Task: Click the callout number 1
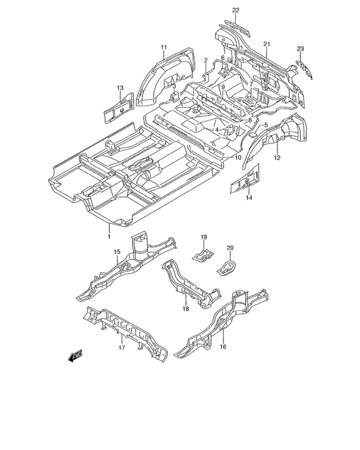pyautogui.click(x=109, y=236)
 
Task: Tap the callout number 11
pyautogui.click(x=164, y=47)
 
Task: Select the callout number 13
pyautogui.click(x=120, y=87)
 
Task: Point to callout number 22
pyautogui.click(x=236, y=10)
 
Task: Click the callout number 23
pyautogui.click(x=300, y=49)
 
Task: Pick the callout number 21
pyautogui.click(x=267, y=44)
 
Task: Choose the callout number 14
pyautogui.click(x=249, y=197)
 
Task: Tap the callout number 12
pyautogui.click(x=277, y=157)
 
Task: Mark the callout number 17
pyautogui.click(x=122, y=348)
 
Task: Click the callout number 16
pyautogui.click(x=223, y=346)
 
